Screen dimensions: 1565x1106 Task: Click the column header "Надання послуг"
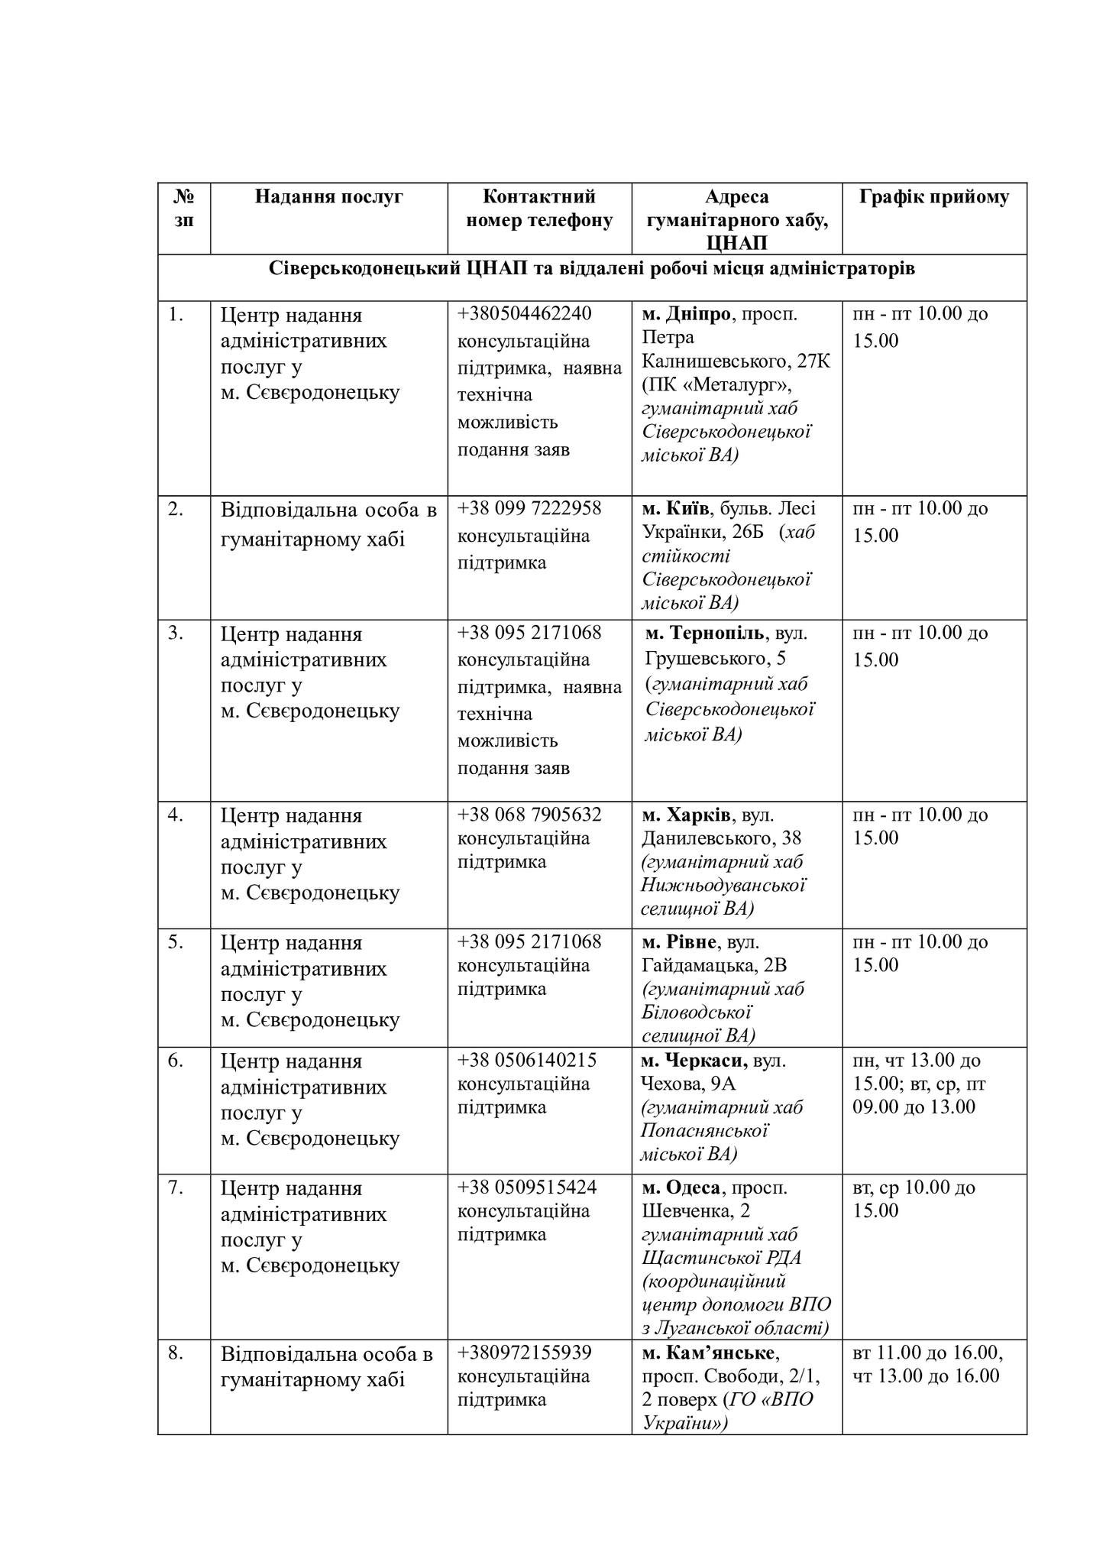[x=328, y=197]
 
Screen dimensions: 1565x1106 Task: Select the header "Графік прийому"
[x=933, y=197]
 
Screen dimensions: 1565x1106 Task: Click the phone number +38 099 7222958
[x=529, y=508]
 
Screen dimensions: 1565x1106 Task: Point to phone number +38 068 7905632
[x=529, y=815]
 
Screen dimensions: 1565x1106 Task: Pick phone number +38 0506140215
[x=527, y=1060]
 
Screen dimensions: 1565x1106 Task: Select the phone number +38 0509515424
[x=527, y=1187]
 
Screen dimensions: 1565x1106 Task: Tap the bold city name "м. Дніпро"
[x=686, y=313]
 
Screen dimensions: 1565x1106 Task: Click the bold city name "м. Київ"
[x=676, y=508]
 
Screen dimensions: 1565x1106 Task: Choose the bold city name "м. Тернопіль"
[x=703, y=633]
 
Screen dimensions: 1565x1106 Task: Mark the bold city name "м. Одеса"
[x=681, y=1187]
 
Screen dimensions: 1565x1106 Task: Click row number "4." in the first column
[x=176, y=815]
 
